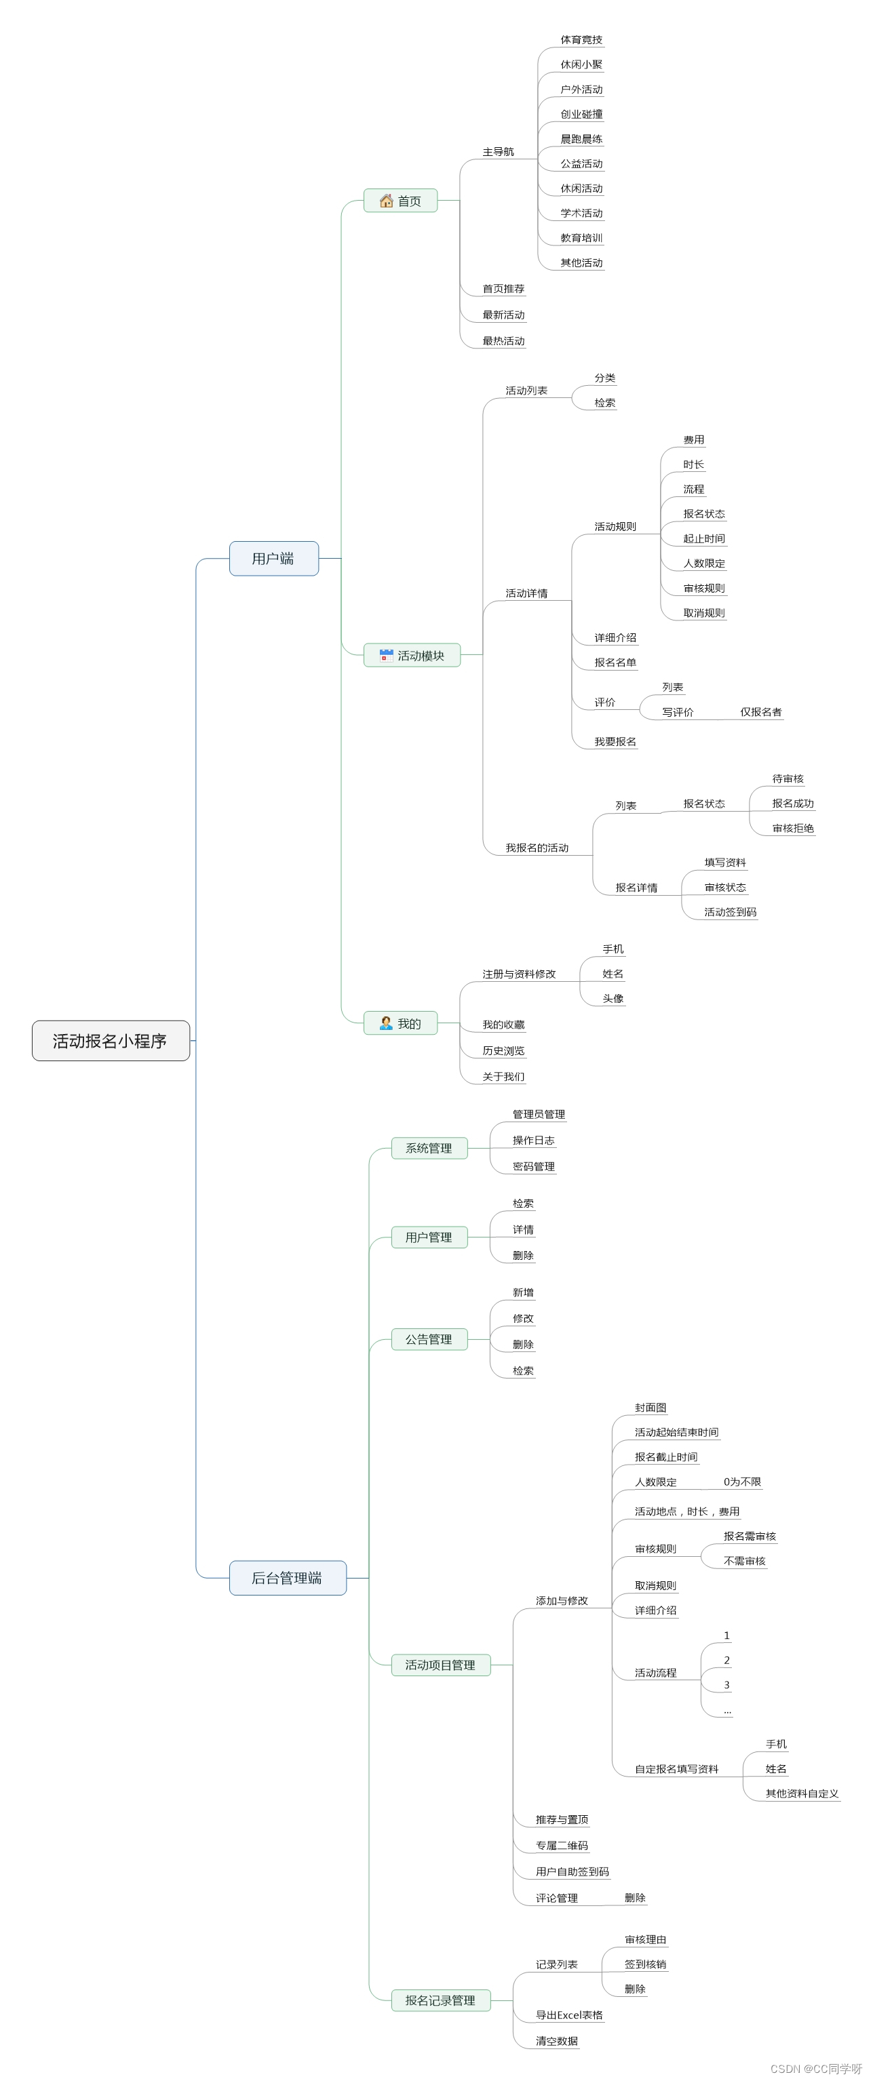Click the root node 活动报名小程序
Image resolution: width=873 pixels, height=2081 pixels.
111,1040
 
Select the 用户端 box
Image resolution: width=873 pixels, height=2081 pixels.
273,558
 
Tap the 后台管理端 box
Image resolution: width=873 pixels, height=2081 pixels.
287,1578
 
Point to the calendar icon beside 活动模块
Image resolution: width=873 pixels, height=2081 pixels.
387,655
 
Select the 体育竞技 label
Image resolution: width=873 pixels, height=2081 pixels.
581,39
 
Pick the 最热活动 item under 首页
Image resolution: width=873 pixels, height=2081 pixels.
503,341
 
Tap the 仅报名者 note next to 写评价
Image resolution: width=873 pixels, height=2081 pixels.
760,712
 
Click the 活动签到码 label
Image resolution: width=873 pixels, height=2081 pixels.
730,912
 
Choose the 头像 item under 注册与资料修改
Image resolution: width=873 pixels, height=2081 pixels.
613,999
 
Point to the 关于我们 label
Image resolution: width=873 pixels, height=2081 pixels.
503,1077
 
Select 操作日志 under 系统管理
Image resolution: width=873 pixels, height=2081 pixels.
532,1141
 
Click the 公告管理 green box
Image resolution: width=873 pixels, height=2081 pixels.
429,1339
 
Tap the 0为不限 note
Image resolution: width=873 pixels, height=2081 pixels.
742,1482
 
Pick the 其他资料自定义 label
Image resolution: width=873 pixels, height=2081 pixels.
802,1793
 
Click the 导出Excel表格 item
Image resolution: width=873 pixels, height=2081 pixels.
569,2015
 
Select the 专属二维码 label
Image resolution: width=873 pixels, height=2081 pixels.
562,1846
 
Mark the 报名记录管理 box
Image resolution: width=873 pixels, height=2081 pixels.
440,2000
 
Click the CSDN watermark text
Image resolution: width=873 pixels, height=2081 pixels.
815,2069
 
